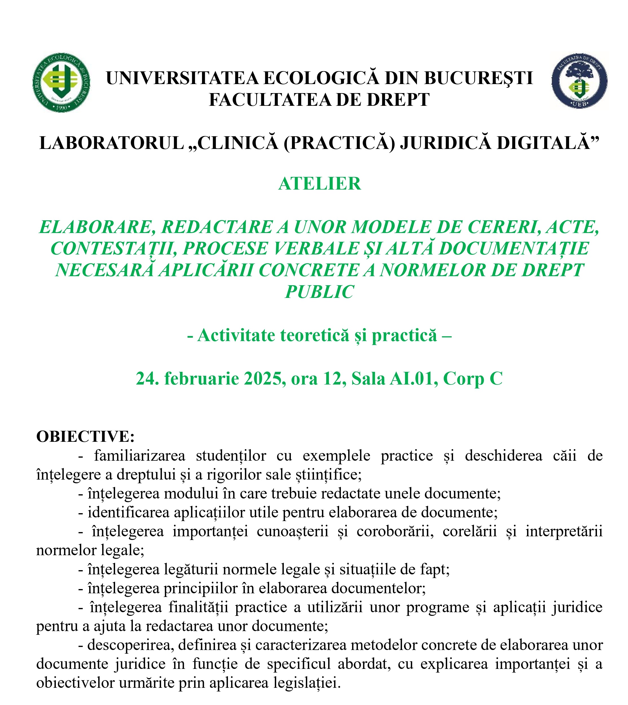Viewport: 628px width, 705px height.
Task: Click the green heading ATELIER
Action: (320, 184)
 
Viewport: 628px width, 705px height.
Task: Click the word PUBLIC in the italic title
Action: (320, 292)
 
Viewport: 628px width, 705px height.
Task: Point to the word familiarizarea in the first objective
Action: (139, 456)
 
